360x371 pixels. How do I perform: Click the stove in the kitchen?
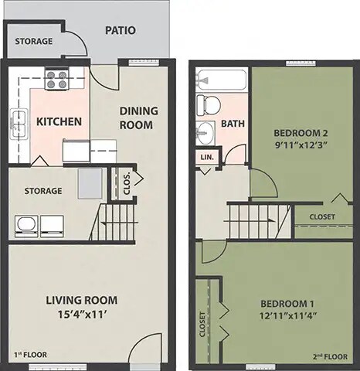coord(57,78)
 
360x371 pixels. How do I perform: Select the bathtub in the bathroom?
coord(221,80)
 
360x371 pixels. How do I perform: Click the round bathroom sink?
coord(204,132)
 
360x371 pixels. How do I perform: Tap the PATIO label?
coord(120,32)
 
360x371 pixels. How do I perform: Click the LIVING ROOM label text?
coord(81,300)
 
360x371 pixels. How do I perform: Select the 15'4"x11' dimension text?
coord(81,315)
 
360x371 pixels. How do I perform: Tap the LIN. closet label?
coord(207,157)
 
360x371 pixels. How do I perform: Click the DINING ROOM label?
coord(138,117)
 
